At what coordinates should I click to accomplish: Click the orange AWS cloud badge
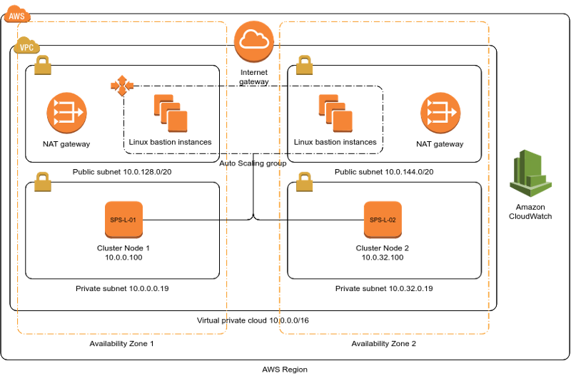coord(16,14)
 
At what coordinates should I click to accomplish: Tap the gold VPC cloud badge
coord(26,46)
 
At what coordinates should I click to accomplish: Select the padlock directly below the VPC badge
coord(43,66)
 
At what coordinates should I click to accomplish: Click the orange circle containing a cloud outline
coord(254,41)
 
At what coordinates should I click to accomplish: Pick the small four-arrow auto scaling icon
coord(122,86)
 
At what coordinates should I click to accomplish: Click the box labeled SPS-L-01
coord(123,219)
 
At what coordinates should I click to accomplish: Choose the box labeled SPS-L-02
coord(383,219)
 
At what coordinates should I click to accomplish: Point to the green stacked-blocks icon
coord(530,173)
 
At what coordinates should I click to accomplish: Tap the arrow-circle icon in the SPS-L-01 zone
coord(66,112)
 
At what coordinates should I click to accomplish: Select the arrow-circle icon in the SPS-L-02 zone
coord(440,112)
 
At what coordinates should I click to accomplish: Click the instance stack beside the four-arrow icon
coord(171,113)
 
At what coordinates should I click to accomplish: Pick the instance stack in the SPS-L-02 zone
coord(335,113)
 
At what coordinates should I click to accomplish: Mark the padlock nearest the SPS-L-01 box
coord(43,182)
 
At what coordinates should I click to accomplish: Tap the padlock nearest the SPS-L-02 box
coord(305,182)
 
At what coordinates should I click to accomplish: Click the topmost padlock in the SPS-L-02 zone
coord(305,66)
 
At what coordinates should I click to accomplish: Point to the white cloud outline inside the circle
coord(254,40)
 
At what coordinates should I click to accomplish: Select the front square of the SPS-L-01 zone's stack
coord(178,121)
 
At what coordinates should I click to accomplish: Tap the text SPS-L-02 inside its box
coord(383,220)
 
